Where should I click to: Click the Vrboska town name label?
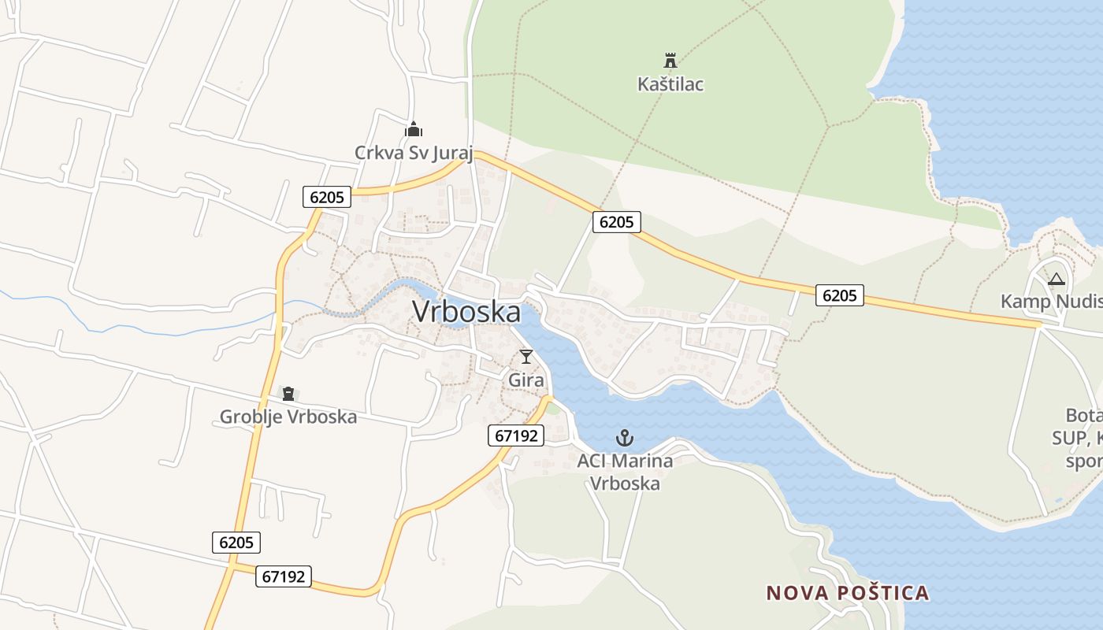click(466, 312)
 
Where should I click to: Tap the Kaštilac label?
click(670, 83)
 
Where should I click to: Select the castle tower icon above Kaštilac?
click(670, 60)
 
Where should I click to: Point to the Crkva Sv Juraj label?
click(414, 152)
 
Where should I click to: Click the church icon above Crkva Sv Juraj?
click(414, 129)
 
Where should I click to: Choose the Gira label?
click(526, 380)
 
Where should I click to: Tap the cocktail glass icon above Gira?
click(526, 357)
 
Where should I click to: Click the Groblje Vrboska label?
click(288, 417)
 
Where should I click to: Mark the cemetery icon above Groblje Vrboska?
click(288, 393)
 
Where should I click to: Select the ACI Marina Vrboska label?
click(625, 471)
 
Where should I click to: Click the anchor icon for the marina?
click(625, 438)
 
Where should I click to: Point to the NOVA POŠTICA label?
click(848, 592)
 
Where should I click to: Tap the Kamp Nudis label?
click(1051, 301)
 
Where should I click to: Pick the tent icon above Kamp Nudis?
click(1056, 279)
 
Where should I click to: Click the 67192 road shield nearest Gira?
click(516, 435)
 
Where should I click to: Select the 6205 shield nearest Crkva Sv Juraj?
click(327, 197)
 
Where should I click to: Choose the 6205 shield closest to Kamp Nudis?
click(839, 295)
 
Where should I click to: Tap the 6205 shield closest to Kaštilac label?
click(616, 222)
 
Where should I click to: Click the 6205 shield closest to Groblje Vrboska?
click(236, 542)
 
